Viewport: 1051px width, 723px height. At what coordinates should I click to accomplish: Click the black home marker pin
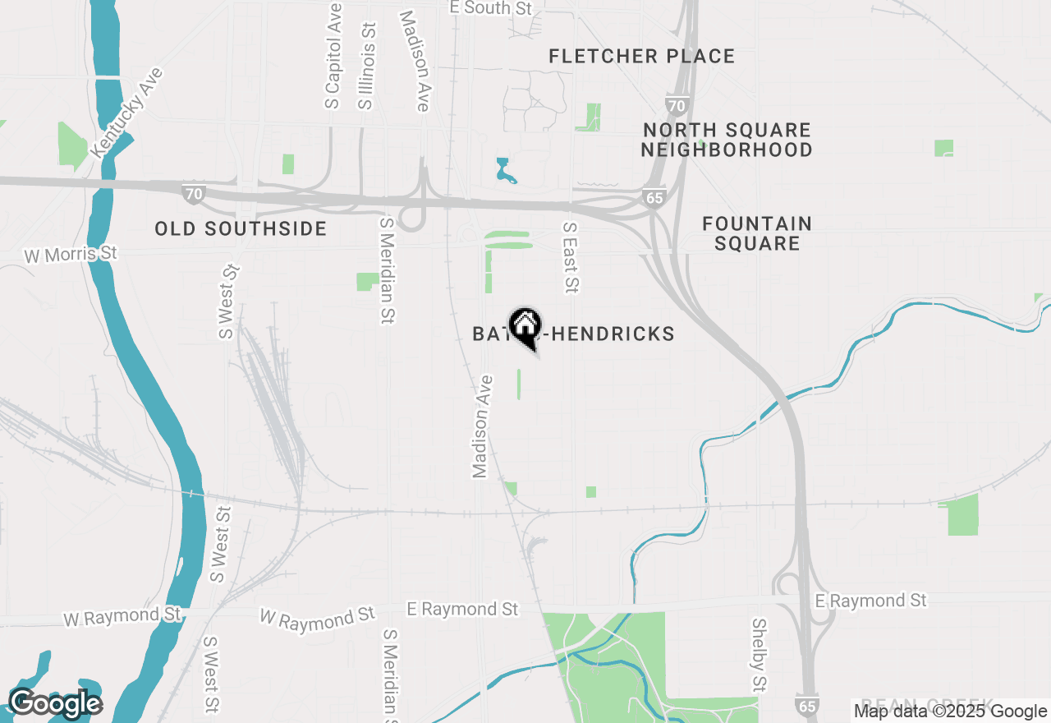point(525,326)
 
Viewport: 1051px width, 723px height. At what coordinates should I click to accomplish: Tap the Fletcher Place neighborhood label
point(642,57)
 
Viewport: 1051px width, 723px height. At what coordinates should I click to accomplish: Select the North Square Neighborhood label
point(727,140)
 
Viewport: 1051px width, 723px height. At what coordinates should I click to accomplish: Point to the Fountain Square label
point(757,233)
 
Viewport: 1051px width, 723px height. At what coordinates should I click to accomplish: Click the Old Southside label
point(241,229)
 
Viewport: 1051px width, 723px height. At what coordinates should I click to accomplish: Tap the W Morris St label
point(71,255)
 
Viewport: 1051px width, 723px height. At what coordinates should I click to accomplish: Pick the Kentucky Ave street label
point(127,113)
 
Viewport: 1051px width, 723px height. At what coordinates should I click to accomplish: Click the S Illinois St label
point(366,66)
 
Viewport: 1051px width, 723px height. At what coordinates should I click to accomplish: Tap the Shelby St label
point(759,655)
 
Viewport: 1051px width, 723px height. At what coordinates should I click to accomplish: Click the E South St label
point(491,8)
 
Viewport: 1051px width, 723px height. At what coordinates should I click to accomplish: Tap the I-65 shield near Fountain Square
point(654,198)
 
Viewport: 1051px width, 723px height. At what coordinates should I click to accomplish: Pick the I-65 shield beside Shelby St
point(806,704)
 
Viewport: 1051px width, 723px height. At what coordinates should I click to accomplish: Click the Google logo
point(54,703)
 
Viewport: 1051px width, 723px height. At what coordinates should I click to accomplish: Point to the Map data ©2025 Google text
point(950,711)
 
